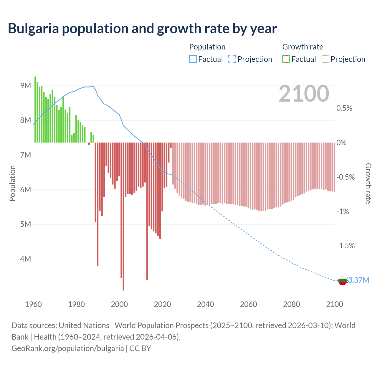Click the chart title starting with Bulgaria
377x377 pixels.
tap(142, 29)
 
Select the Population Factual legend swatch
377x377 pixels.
tap(193, 59)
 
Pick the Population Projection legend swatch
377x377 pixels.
tap(232, 59)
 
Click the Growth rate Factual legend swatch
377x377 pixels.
tap(286, 59)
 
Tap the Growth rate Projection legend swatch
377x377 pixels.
tap(325, 59)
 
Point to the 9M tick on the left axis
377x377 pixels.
tap(26, 86)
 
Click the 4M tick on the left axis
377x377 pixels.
tap(26, 259)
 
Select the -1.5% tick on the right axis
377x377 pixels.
tap(345, 246)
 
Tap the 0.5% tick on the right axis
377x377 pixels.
tap(344, 108)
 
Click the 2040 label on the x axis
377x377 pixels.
tap(205, 304)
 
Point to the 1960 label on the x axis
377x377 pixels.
tap(33, 304)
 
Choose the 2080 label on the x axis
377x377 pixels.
tap(291, 304)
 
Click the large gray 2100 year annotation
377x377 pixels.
tap(304, 94)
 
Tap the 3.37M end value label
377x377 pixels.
tap(358, 280)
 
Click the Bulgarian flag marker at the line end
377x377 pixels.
tap(342, 281)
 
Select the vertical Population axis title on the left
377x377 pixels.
tap(12, 183)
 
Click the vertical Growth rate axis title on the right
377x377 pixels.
tap(368, 183)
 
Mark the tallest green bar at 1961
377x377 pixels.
tap(35, 109)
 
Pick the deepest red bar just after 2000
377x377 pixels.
tap(123, 216)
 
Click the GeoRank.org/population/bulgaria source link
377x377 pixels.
tap(68, 348)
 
